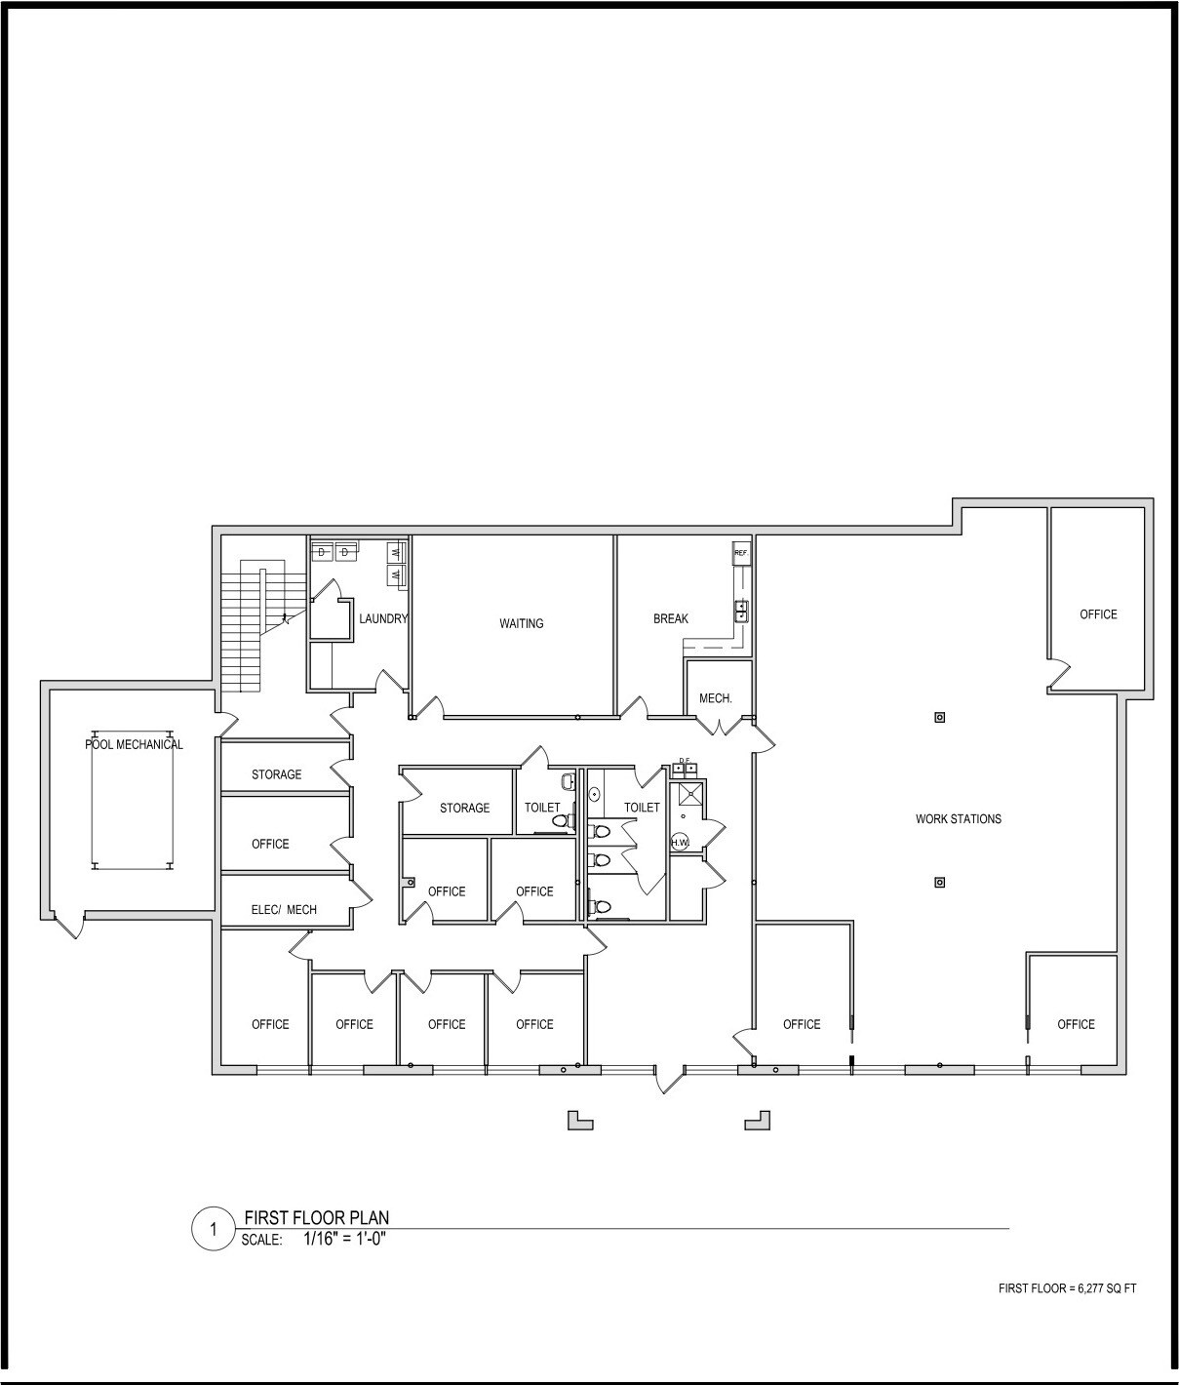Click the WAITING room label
coord(521,623)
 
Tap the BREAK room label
coord(670,618)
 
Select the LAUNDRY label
coord(382,618)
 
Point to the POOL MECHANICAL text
coord(134,744)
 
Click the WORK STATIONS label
coord(958,818)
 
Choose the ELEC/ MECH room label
coord(284,910)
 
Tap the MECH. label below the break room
coord(715,698)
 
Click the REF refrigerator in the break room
coord(741,553)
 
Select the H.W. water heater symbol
coord(679,842)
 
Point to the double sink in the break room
coord(741,612)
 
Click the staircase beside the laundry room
coord(242,625)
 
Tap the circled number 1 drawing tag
coord(213,1229)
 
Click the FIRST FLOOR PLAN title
coord(316,1217)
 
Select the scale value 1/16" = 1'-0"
coord(345,1240)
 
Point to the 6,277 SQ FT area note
coord(1067,1288)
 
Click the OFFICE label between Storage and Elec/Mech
coord(270,844)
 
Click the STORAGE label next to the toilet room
coord(464,808)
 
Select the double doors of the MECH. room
coord(719,726)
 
